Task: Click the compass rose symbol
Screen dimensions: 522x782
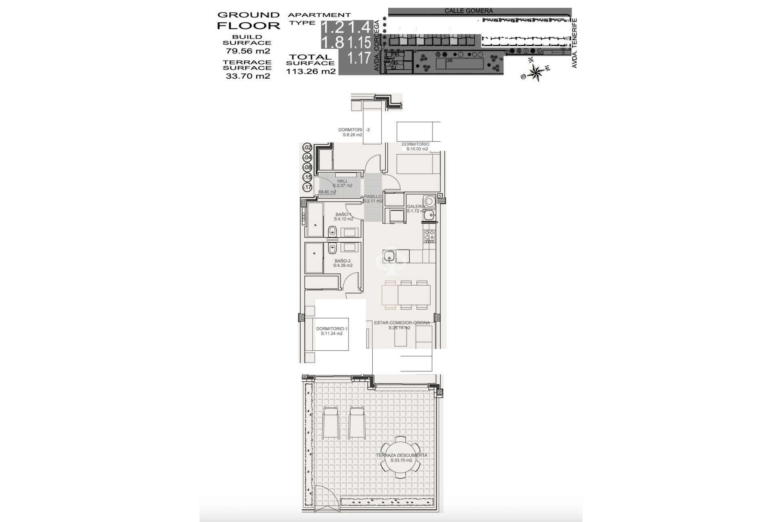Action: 536,73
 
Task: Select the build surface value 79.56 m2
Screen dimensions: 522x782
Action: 248,51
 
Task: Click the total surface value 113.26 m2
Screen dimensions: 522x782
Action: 311,71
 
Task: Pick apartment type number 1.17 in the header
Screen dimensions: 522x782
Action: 359,58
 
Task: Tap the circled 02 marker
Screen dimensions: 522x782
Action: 308,148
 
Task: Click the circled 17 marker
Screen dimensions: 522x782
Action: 308,188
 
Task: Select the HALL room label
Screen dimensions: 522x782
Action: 343,181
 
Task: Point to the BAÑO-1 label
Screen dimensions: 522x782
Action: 343,215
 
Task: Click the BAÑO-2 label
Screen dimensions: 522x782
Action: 343,261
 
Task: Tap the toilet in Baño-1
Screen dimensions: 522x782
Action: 332,232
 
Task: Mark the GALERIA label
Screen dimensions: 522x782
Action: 416,207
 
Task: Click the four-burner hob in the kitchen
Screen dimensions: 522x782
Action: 430,235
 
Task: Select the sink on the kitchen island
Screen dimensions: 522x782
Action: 389,256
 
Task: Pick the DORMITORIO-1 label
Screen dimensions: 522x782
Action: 332,329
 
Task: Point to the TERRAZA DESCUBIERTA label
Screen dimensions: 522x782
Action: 401,455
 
